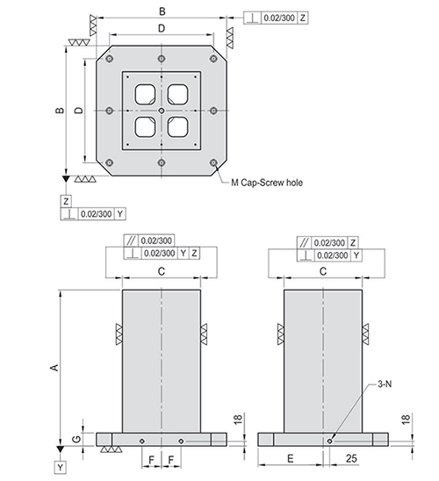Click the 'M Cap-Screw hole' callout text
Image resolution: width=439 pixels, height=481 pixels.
click(x=267, y=183)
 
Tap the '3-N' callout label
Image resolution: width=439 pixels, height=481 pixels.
click(x=385, y=384)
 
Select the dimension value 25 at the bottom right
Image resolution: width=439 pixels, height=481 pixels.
click(x=351, y=458)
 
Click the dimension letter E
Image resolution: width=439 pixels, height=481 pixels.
click(x=291, y=458)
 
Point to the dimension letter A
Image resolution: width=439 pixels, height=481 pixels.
click(x=54, y=367)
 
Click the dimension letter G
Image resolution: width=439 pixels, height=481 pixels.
click(x=76, y=439)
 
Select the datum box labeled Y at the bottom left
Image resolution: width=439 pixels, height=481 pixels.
click(x=61, y=468)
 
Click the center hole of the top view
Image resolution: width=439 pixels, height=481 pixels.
click(x=162, y=111)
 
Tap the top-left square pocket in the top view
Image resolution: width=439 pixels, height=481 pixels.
click(x=146, y=94)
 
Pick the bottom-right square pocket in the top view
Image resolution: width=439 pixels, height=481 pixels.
click(x=178, y=126)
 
